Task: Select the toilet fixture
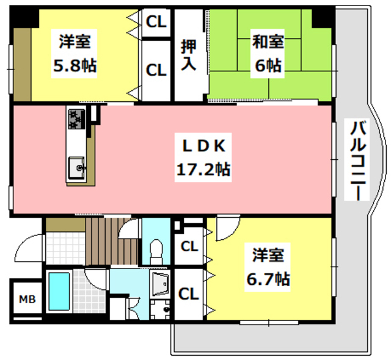point(157,250)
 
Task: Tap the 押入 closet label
point(189,55)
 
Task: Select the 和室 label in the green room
point(268,42)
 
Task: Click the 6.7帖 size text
point(268,279)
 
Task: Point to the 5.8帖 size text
point(75,65)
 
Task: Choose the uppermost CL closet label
point(156,23)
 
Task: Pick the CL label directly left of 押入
point(156,70)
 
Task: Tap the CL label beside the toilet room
point(189,247)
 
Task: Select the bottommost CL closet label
point(189,293)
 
